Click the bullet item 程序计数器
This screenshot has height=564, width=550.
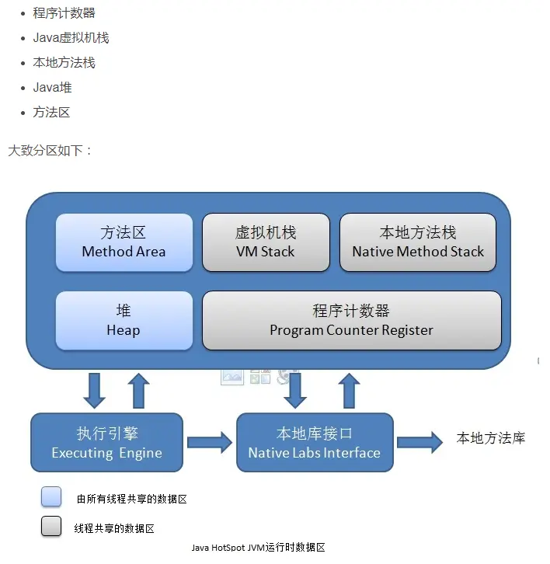coord(64,13)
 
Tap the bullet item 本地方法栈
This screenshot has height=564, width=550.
coord(64,63)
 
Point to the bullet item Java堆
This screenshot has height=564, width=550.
coord(53,88)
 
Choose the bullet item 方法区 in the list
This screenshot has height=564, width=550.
coord(52,113)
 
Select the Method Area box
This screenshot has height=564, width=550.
coord(124,242)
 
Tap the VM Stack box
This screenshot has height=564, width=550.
coord(266,242)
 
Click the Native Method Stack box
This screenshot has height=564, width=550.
coord(418,242)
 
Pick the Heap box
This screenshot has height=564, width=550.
coord(124,320)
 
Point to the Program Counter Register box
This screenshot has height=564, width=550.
coord(351,320)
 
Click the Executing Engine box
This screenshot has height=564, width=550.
coord(107,443)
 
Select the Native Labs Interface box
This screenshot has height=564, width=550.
coord(315,443)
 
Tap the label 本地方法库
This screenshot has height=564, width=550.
coord(491,438)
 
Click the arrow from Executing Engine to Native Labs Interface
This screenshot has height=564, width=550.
coord(210,443)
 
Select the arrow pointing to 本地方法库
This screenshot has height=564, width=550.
coord(420,442)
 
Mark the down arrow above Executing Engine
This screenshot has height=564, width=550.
coord(95,390)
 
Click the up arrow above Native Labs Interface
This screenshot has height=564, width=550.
coord(350,390)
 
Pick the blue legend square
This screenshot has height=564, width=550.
coord(51,497)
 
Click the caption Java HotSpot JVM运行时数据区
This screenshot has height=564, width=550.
coord(258,548)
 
